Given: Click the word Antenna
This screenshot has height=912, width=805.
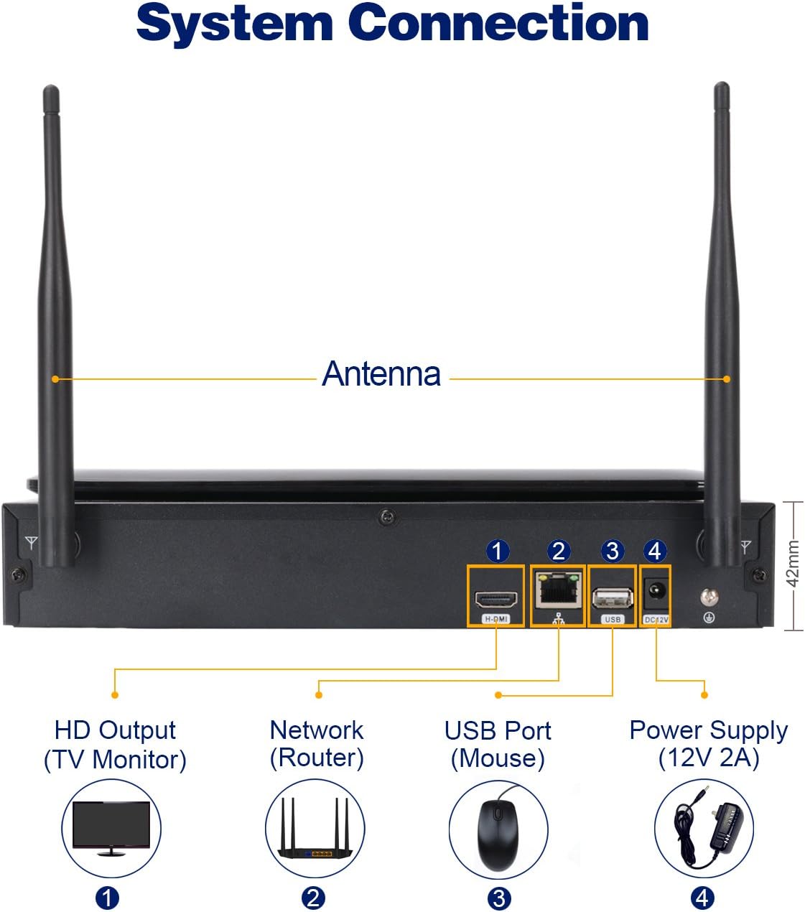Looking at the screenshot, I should (x=381, y=374).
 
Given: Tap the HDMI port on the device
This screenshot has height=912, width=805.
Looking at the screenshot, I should (x=495, y=598).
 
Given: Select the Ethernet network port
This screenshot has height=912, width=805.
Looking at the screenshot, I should (x=557, y=590).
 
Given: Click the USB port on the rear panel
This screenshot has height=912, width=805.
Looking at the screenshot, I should (x=613, y=597).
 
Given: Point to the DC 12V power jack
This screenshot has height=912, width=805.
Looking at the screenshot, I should (x=656, y=592).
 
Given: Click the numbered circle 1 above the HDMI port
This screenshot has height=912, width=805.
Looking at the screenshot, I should (x=498, y=552).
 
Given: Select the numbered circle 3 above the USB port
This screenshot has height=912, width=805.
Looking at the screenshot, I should (x=613, y=552).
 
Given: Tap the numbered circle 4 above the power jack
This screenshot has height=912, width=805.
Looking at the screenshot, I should (x=654, y=552).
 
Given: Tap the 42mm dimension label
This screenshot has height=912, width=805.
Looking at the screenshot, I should (x=792, y=564).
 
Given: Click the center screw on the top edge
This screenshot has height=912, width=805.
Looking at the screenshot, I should (x=388, y=516).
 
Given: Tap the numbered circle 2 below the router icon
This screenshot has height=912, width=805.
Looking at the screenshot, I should (x=313, y=898).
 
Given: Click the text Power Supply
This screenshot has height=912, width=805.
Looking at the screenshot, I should (x=708, y=730).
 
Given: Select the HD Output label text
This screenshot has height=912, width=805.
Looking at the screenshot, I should (x=115, y=730).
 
